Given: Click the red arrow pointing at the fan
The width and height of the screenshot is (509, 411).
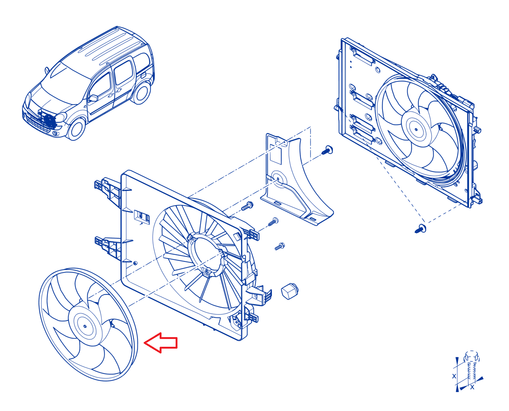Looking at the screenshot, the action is pyautogui.click(x=161, y=343).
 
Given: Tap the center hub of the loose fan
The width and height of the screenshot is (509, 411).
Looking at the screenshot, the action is pyautogui.click(x=85, y=326).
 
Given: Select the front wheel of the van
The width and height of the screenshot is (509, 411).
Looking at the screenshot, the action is pyautogui.click(x=77, y=129).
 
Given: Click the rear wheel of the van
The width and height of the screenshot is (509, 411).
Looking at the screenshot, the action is pyautogui.click(x=141, y=93).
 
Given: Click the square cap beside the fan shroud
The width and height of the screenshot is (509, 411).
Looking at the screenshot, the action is pyautogui.click(x=290, y=291).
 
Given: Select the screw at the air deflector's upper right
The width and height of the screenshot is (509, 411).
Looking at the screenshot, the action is pyautogui.click(x=327, y=150).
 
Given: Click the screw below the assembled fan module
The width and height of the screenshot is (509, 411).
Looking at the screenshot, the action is pyautogui.click(x=421, y=229).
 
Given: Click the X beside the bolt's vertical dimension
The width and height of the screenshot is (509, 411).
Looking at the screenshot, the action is pyautogui.click(x=454, y=376).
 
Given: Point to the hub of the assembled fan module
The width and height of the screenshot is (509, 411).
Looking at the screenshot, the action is pyautogui.click(x=416, y=129).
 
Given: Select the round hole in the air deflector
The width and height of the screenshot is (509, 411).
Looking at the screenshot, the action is pyautogui.click(x=278, y=179).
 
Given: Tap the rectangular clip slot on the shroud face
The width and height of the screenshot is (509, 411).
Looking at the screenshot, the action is pyautogui.click(x=142, y=217).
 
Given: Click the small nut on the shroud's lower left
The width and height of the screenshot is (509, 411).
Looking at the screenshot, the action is pyautogui.click(x=135, y=263).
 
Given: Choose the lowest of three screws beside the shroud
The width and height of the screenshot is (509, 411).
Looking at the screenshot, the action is pyautogui.click(x=280, y=247).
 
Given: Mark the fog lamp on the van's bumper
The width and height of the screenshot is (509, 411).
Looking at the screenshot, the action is pyautogui.click(x=56, y=133).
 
